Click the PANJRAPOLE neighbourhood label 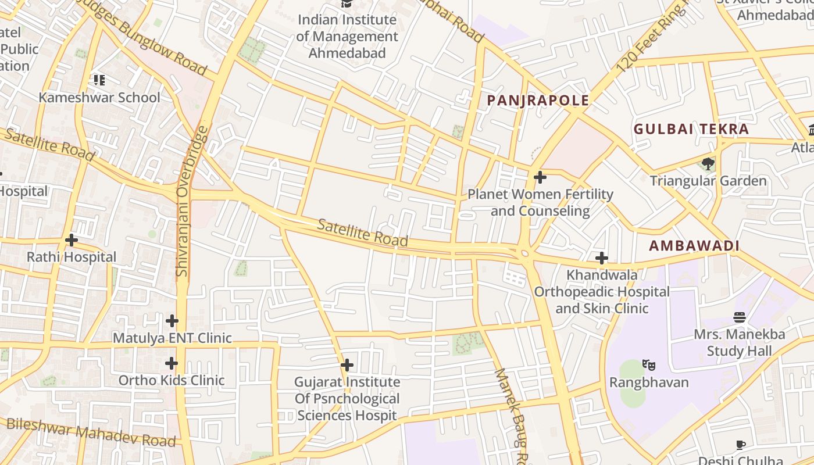(x=538, y=101)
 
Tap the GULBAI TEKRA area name (x=691, y=129)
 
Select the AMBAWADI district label (x=694, y=246)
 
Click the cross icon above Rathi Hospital (x=72, y=239)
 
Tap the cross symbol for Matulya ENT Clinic (x=172, y=320)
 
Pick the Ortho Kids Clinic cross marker (x=171, y=363)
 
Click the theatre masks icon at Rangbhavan (x=649, y=365)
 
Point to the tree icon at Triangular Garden (x=708, y=163)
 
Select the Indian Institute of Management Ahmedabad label (x=347, y=37)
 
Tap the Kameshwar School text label (x=99, y=97)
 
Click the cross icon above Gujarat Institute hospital (x=347, y=365)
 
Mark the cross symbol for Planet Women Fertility (x=540, y=177)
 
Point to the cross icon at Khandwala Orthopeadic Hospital (x=602, y=257)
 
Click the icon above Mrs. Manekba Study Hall (x=740, y=317)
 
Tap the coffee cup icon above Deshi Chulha (x=740, y=445)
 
